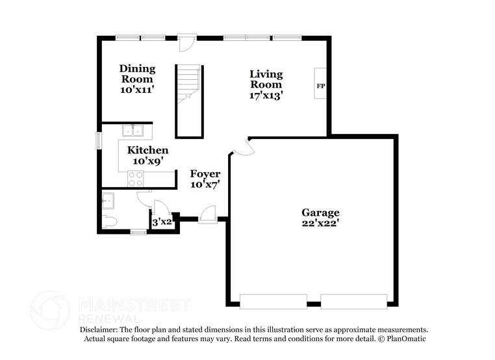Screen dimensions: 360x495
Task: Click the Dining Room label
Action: pos(137,74)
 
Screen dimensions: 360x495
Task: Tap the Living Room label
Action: pos(266,79)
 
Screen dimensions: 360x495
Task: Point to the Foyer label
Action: pos(205,174)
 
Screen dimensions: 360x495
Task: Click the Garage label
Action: pos(320,212)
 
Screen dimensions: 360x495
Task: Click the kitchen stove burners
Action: pos(136,179)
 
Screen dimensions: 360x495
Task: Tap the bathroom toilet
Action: pos(109,222)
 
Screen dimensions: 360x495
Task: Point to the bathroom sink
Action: pos(108,199)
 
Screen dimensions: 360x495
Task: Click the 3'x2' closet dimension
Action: pos(162,222)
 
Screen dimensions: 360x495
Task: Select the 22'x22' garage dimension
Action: pos(320,224)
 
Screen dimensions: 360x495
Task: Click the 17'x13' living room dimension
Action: pos(266,95)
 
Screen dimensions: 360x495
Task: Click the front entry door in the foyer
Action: pos(208,215)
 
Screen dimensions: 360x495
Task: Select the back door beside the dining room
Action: pos(187,44)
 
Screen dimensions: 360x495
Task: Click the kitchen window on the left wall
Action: pos(99,140)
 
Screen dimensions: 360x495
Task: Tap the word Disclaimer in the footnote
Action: pos(98,330)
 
